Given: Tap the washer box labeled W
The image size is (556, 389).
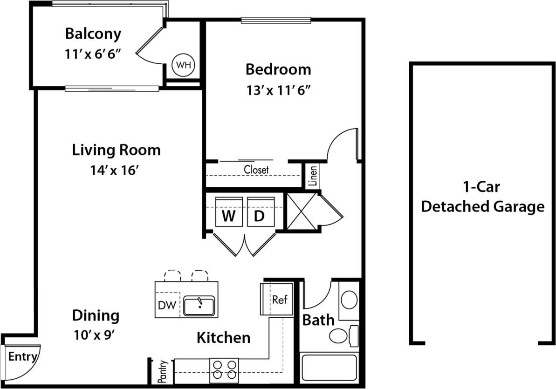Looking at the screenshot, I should pyautogui.click(x=228, y=216).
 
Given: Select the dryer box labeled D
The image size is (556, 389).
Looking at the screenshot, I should pyautogui.click(x=259, y=216).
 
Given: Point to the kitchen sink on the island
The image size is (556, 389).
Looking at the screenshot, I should pyautogui.click(x=199, y=306).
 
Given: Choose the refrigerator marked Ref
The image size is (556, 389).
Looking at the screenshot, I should pyautogui.click(x=279, y=299).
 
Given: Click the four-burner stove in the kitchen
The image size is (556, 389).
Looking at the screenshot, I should pyautogui.click(x=224, y=370).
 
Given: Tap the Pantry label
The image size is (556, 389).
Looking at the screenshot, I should pyautogui.click(x=163, y=371).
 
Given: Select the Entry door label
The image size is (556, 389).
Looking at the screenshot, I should pyautogui.click(x=22, y=357).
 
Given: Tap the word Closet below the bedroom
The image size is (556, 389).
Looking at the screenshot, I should pyautogui.click(x=256, y=170).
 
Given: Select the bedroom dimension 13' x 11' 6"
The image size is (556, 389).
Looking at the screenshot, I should pyautogui.click(x=278, y=90).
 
